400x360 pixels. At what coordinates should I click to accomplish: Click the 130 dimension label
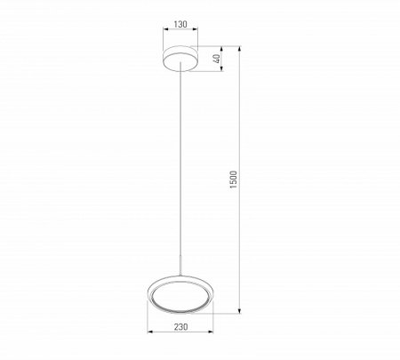coord(180,24)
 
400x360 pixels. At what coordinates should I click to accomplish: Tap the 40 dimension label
coord(218,59)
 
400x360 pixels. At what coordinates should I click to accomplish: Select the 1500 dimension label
coord(234,180)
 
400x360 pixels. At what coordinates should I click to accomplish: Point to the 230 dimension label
coord(180,327)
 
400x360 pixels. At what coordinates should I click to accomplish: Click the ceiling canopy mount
coord(180,59)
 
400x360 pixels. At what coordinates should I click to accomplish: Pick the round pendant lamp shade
coord(180,294)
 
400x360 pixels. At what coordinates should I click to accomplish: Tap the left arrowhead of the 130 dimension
coord(165,29)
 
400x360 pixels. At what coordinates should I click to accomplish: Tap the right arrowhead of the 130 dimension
coord(196,29)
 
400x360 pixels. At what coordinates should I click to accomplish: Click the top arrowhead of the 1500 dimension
coord(240,49)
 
